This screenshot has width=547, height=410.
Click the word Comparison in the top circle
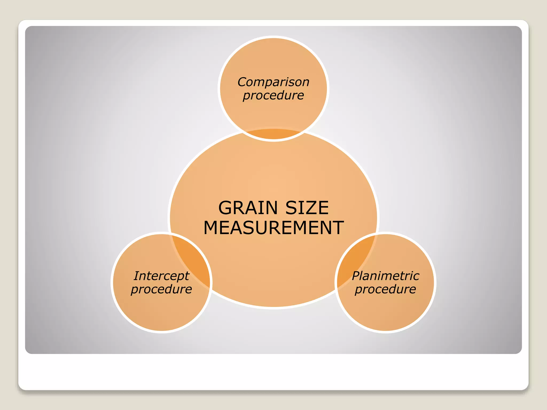273,82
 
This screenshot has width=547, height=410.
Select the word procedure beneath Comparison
273,95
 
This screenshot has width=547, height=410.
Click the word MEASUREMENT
273,228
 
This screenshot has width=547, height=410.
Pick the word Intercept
162,276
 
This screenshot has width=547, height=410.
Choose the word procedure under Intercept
162,289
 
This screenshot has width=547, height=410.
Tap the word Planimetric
385,276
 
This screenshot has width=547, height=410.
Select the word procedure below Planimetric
385,289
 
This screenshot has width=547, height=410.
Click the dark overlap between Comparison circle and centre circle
273,134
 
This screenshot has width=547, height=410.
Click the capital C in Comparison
242,82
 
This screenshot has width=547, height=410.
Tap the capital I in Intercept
137,276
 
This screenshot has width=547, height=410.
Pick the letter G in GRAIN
226,208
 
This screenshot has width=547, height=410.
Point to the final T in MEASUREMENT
337,228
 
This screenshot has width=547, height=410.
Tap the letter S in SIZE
291,208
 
